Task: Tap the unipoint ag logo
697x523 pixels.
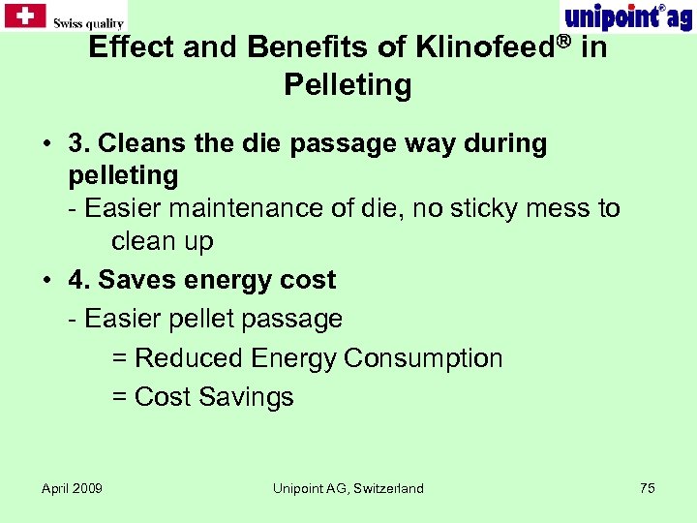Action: pos(626,16)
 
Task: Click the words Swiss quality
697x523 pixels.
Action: pos(88,23)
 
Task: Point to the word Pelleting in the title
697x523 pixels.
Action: pos(348,85)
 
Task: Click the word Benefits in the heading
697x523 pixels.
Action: pos(310,46)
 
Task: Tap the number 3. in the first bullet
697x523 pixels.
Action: pos(79,143)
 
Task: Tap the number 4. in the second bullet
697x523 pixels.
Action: pos(79,280)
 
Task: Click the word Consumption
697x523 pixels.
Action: pos(423,357)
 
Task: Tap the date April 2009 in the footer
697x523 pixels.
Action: pos(72,488)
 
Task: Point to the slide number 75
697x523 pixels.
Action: pos(647,488)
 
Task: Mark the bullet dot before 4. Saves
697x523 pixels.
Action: pos(46,281)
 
